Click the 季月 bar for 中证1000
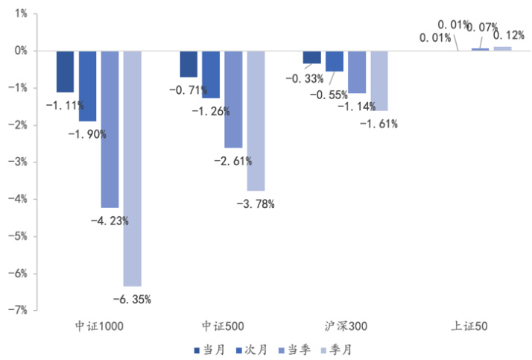click(x=132, y=168)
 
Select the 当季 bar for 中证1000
click(x=110, y=129)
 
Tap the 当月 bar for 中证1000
click(x=65, y=72)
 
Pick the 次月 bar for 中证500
click(x=211, y=74)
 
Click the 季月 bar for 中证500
click(x=256, y=121)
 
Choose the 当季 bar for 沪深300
click(x=357, y=72)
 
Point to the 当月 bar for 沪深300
click(x=312, y=57)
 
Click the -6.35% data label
click(x=132, y=300)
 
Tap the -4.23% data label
click(x=110, y=221)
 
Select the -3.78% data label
click(x=256, y=204)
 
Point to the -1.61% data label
click(x=379, y=124)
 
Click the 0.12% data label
click(x=508, y=36)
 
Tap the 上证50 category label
click(x=469, y=326)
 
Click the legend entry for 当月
click(x=208, y=350)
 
